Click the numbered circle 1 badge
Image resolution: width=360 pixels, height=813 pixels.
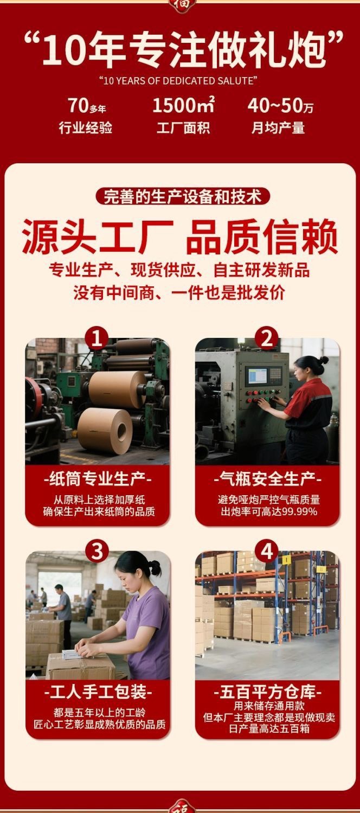[x=97, y=339]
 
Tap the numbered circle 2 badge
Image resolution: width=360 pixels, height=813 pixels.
[x=267, y=339]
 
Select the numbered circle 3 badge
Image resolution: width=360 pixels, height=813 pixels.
[x=97, y=552]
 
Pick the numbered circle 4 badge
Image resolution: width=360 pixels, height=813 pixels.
[x=267, y=552]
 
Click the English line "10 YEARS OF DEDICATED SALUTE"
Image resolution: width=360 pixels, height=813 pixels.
[x=178, y=81]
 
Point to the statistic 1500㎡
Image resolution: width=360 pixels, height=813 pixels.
[x=183, y=105]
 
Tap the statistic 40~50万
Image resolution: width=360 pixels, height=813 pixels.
[x=280, y=106]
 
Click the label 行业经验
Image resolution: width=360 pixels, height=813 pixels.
[x=86, y=128]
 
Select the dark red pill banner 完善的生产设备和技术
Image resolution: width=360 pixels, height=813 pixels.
[x=183, y=196]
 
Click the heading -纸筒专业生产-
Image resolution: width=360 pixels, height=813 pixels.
[x=97, y=479]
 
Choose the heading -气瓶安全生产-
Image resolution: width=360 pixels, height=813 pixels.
[x=267, y=479]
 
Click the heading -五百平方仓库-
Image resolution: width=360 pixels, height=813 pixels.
[x=268, y=693]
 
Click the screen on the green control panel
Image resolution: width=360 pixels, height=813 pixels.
[x=256, y=376]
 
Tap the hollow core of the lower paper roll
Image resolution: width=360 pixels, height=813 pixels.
[x=121, y=431]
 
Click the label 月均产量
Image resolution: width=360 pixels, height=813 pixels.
[x=278, y=128]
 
